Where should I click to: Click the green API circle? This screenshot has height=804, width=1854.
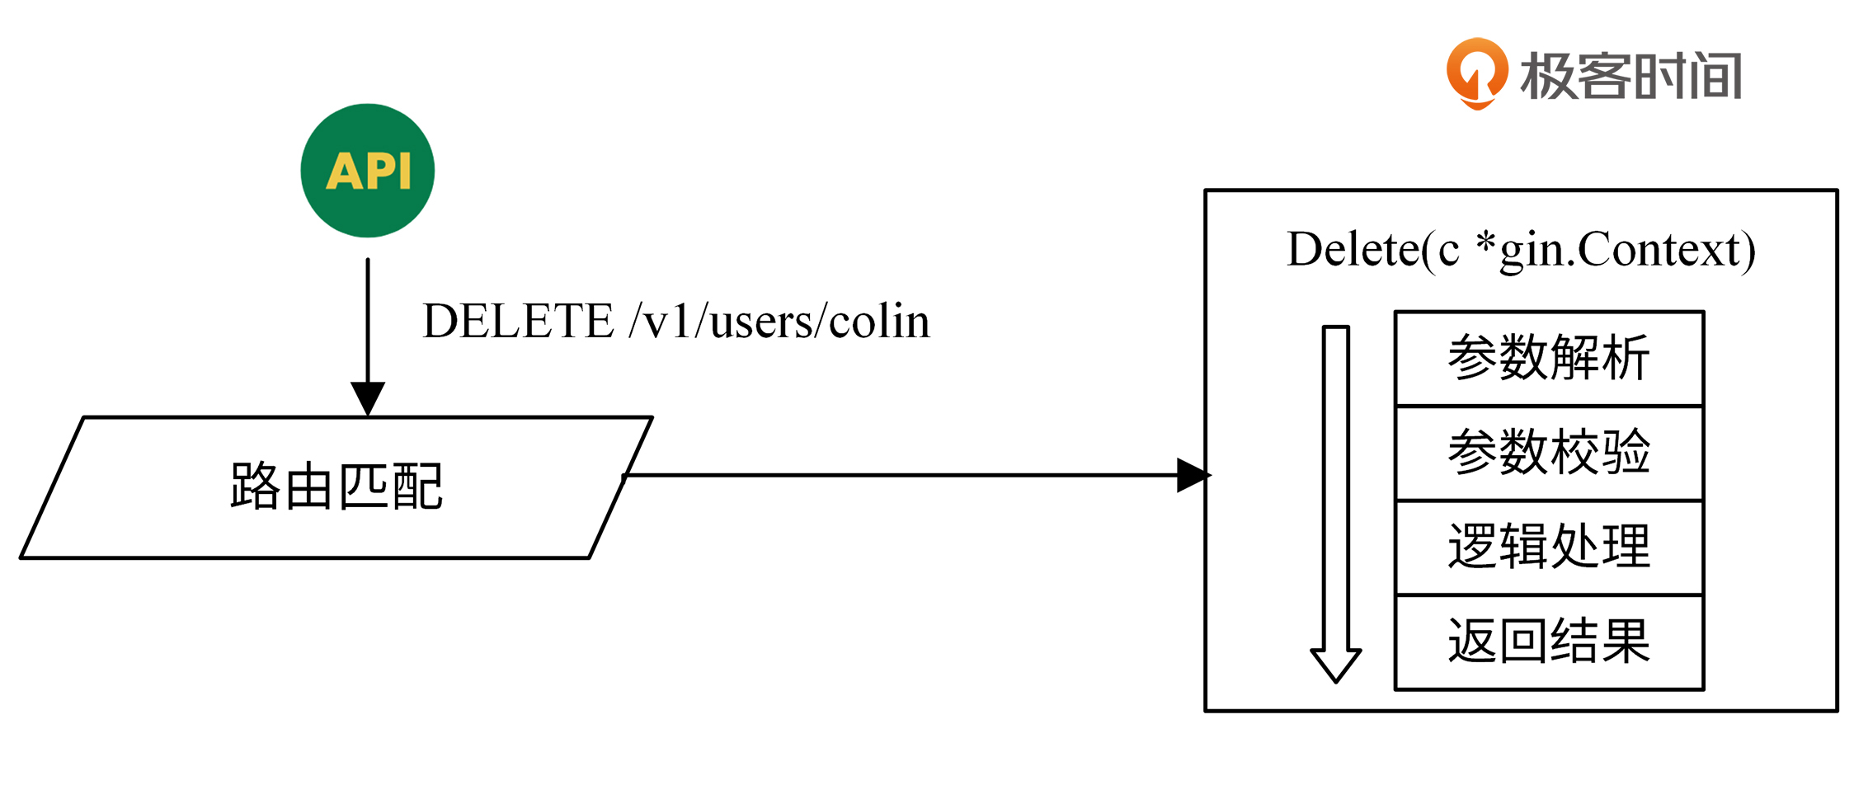[367, 171]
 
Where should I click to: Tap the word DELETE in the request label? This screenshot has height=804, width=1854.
[518, 321]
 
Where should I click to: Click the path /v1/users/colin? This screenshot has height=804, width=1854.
[779, 321]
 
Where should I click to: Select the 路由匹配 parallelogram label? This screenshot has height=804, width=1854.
[336, 487]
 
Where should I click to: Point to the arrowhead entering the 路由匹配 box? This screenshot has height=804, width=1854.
[368, 398]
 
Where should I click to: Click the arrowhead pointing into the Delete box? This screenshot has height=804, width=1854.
[1193, 475]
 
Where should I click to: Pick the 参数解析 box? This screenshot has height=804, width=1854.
[1549, 358]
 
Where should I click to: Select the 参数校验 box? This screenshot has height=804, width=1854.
[1549, 453]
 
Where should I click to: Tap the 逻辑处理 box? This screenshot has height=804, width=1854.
[1549, 547]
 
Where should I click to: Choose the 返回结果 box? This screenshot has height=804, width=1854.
[1549, 642]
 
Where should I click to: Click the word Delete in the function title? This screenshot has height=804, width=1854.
[1353, 249]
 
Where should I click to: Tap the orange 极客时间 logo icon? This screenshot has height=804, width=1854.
[1477, 73]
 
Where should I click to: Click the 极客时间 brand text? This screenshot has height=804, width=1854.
[1631, 76]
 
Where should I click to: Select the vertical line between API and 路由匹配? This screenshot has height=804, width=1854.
[368, 322]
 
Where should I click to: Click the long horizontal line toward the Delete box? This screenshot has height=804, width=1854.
[899, 475]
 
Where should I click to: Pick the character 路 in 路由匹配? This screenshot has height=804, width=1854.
[255, 487]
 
